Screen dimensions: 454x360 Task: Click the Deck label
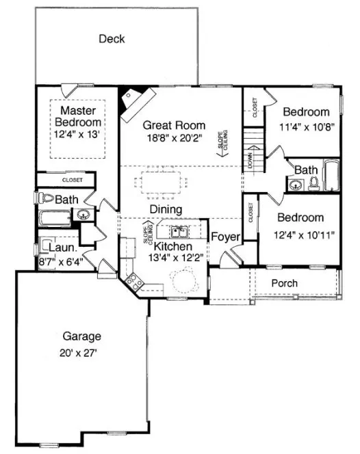coord(112,39)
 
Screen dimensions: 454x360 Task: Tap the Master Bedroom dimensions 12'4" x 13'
coord(79,134)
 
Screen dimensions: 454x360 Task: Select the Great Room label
coord(174,126)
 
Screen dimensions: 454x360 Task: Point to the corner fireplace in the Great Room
coord(132,101)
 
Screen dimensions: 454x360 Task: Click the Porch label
coord(284,282)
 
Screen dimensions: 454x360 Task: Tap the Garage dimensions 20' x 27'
coord(82,353)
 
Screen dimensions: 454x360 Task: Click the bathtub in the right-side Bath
coord(331,176)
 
